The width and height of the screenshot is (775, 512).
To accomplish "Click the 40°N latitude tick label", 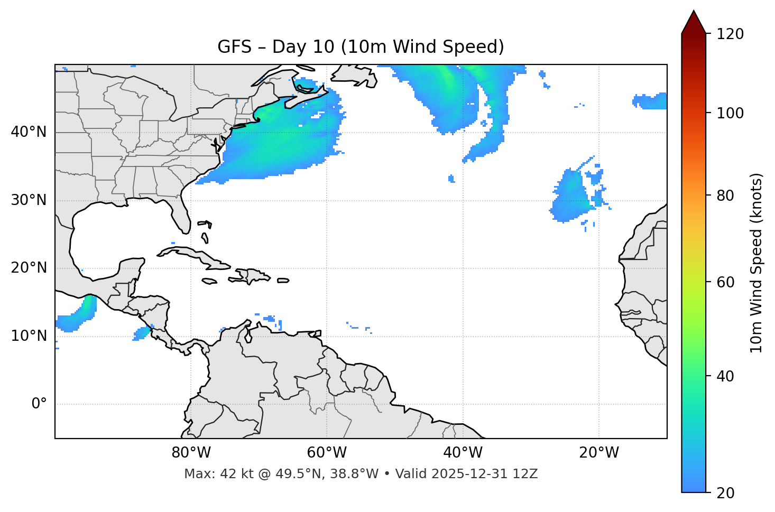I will [29, 132].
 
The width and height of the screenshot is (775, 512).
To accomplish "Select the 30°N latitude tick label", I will [29, 200].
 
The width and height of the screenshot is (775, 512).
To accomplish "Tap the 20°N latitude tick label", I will [29, 268].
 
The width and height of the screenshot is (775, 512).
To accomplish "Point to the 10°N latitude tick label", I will [29, 336].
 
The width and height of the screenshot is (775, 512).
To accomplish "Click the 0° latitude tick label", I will [39, 404].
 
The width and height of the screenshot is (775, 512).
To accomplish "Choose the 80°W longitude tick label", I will [191, 453].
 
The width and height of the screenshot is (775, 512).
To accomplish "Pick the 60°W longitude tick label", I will [327, 453].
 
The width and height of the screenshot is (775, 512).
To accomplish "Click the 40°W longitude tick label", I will [463, 453].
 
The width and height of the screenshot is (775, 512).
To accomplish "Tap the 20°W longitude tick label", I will [599, 453].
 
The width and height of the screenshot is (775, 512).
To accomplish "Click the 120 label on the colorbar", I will [730, 34].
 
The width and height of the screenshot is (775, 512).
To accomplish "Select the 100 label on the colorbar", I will [730, 113].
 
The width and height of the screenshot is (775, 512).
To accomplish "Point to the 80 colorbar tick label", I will [725, 196].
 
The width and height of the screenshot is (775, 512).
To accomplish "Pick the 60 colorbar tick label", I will [725, 282].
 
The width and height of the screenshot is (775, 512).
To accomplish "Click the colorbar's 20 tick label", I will [725, 493].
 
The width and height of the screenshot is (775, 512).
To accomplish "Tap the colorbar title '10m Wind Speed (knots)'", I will [756, 263].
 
